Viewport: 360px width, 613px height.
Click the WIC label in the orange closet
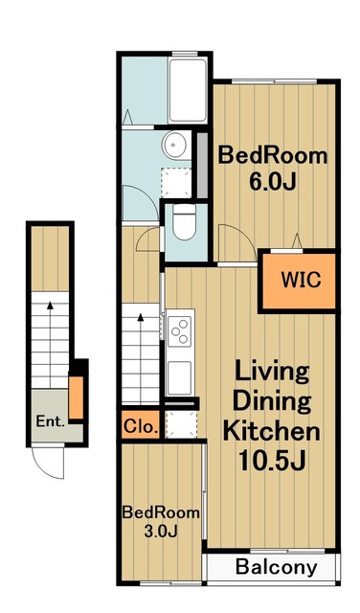300,281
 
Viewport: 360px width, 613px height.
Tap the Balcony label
276,567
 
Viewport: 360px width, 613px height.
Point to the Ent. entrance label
49,420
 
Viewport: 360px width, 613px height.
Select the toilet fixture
183,223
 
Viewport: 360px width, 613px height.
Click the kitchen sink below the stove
180,375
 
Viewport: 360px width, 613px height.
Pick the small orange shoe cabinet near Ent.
76,394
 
